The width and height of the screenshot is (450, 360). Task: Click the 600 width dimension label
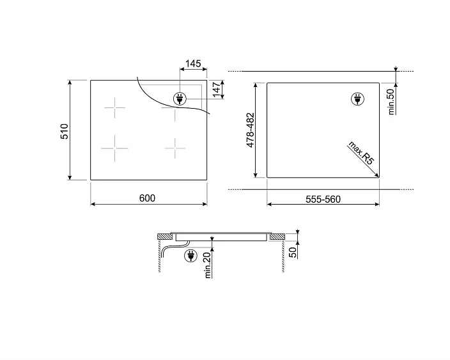pos(147,198)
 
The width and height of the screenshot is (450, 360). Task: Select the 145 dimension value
pos(193,64)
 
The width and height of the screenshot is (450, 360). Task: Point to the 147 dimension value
pos(216,90)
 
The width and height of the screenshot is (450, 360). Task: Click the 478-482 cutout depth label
pos(251,130)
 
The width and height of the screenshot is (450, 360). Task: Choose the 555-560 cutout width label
pos(322,199)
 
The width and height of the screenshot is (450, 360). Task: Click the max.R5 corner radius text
pos(361,154)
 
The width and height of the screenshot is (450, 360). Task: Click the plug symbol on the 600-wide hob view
pos(180,99)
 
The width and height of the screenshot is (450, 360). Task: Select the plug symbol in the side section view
pos(190,256)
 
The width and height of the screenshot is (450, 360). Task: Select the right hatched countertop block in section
pos(277,237)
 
